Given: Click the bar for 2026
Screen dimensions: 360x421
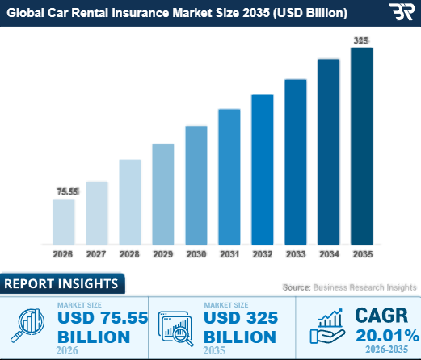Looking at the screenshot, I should (64, 221).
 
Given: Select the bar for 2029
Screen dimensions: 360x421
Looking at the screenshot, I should (163, 194).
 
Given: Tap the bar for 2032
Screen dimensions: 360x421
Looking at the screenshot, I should (263, 169).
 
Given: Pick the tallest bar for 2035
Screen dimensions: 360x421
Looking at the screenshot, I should (361, 145).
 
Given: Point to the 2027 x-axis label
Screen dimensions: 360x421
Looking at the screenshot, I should (97, 254).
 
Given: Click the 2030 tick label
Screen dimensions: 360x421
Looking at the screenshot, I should (196, 254).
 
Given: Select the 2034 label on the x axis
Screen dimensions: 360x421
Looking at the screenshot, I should (328, 254).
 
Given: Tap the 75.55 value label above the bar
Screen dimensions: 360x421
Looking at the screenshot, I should (67, 191).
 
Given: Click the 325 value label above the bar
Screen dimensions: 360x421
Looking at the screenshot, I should (361, 40).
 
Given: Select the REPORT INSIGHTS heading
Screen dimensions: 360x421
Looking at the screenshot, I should (62, 284).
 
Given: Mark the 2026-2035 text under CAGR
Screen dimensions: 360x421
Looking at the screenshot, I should (381, 350).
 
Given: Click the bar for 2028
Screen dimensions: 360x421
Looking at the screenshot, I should (130, 202).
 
